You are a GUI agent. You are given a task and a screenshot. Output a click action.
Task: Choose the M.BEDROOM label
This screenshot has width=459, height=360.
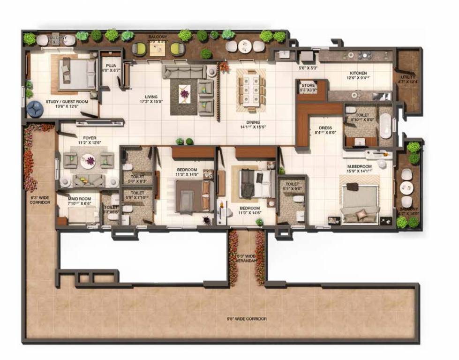(359, 166)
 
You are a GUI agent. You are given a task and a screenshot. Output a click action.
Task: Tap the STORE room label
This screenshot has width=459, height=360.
(308, 86)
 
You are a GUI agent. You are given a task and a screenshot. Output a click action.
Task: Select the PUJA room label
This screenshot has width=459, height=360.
(111, 66)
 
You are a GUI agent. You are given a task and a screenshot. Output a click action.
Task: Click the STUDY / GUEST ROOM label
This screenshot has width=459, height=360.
(67, 101)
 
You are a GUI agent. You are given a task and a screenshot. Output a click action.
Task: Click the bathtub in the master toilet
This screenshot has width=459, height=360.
(385, 125)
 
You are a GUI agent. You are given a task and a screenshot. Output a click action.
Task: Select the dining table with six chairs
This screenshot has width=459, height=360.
(250, 90)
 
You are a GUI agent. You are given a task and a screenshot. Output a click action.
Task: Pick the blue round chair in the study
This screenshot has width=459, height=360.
(35, 109)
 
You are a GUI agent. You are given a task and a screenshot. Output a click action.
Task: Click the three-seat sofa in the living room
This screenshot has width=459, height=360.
(184, 72)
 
